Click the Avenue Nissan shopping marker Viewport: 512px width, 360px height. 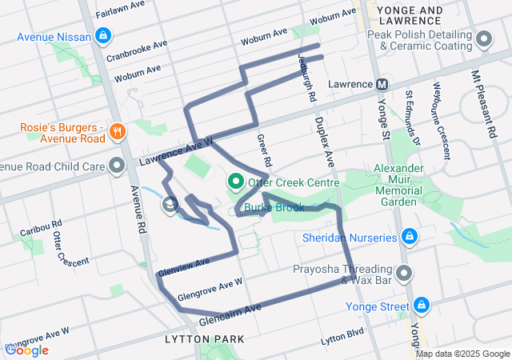click(104, 36)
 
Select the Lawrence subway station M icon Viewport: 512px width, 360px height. click(382, 84)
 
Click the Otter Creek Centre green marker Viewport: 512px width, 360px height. click(236, 182)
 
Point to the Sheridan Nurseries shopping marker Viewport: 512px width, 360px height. click(409, 237)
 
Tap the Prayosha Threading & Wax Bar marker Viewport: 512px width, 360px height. click(405, 274)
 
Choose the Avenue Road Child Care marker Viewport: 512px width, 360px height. click(118, 166)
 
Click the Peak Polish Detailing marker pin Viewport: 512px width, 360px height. click(483, 39)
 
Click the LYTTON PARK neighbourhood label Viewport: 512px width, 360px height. click(204, 340)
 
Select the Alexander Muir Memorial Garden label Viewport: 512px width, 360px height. click(397, 186)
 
